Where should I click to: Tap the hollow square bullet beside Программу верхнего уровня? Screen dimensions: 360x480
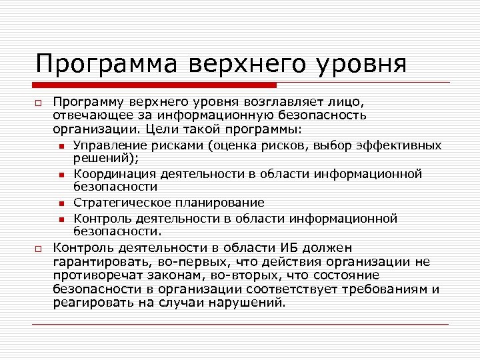39,104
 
